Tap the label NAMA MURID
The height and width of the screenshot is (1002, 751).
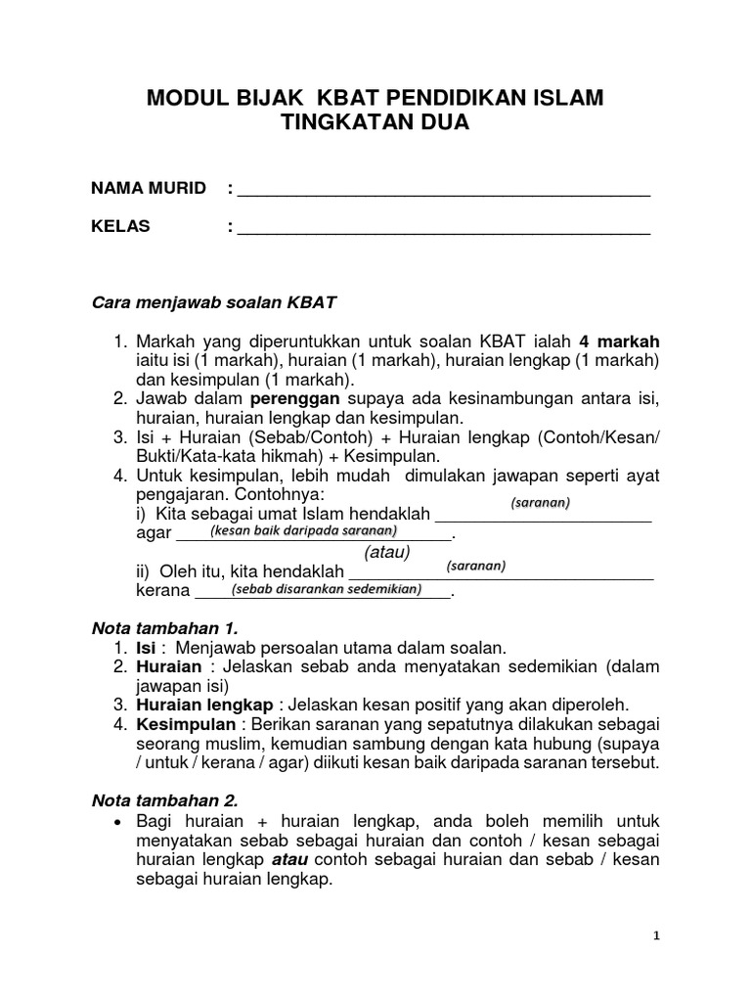[148, 188]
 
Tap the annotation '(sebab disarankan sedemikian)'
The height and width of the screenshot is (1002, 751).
[326, 589]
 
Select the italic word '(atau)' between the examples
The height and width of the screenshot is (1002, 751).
[386, 553]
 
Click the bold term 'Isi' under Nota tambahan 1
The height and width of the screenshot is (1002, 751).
[145, 647]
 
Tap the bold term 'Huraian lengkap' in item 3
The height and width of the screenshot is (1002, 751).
[204, 705]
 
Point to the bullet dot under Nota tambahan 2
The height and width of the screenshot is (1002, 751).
[117, 821]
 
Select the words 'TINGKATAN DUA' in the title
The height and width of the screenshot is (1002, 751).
[375, 124]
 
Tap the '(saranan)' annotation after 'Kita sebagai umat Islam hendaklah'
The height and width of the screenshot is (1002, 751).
[540, 503]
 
